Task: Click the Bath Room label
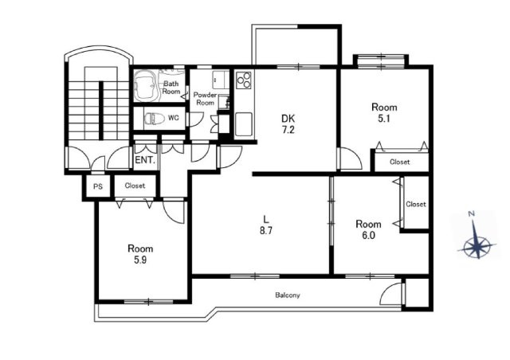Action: [x=171, y=88]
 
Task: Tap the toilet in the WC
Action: [x=155, y=119]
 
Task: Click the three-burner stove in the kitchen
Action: [x=244, y=80]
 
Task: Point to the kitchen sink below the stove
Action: [x=244, y=124]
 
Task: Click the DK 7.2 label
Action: [x=288, y=124]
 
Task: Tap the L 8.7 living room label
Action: [x=265, y=225]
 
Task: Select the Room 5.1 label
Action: [x=384, y=112]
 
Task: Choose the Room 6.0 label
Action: [x=368, y=229]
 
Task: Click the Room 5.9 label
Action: [x=140, y=254]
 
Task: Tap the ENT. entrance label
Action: [x=145, y=160]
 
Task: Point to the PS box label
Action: [x=98, y=186]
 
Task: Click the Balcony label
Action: [x=288, y=295]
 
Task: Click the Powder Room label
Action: [x=205, y=99]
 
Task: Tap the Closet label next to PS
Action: [x=135, y=186]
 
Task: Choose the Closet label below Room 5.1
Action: [x=400, y=162]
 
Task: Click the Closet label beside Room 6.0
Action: [x=416, y=204]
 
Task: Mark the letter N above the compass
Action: [x=471, y=213]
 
